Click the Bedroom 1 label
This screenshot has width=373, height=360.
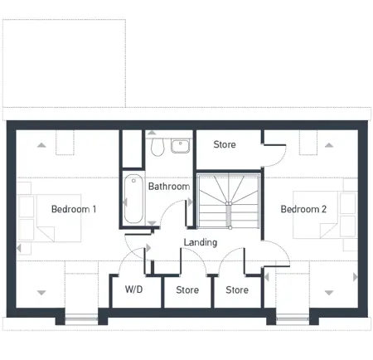coord(74,209)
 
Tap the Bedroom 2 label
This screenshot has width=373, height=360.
coord(303,209)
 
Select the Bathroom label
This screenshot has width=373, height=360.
coord(169,187)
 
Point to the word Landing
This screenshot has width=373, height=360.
coord(201,242)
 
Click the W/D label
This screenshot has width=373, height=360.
coord(134,290)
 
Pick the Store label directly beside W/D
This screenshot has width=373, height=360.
coord(187,290)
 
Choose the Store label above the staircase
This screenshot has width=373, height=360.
coord(225,144)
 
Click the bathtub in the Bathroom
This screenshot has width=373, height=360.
coord(133,198)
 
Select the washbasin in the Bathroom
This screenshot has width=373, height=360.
coord(180,146)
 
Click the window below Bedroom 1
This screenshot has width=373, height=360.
coord(80,318)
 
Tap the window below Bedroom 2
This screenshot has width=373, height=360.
coord(292,318)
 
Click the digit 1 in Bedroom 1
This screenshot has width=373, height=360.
coord(94,209)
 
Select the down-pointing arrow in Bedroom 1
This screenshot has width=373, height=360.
coord(42,292)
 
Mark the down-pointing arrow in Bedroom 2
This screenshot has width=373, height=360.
coord(329,292)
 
